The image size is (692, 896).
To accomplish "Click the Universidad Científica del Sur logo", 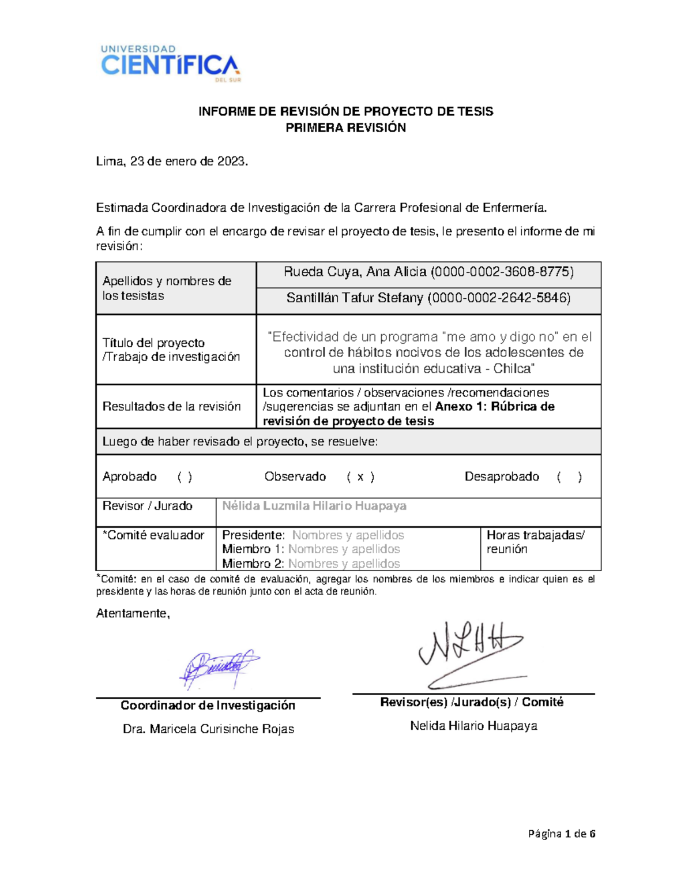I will click(x=170, y=63).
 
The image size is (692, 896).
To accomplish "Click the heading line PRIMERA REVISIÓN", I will click(x=345, y=128).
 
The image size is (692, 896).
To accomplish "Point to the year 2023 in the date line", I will click(x=232, y=162).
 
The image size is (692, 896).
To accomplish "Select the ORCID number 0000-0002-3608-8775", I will click(x=502, y=272).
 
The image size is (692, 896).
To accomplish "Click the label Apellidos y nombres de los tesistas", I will click(x=167, y=288).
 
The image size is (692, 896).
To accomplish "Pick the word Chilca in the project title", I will click(x=512, y=368).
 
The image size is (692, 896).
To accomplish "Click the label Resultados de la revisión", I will click(x=171, y=406).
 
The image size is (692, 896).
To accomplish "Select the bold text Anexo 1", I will click(x=460, y=406).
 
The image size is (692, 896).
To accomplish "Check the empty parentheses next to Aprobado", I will click(x=185, y=477).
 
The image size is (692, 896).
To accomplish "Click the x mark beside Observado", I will click(x=360, y=477).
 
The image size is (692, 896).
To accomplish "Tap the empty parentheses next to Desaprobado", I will click(x=569, y=477).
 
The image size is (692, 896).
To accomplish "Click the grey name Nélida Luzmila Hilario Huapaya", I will click(x=314, y=506).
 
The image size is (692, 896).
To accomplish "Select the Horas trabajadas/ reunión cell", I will click(x=536, y=542).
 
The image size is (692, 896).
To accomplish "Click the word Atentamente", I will click(x=133, y=613).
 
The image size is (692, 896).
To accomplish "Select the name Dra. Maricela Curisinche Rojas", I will click(x=208, y=729).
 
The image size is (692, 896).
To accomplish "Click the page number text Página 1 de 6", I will click(x=562, y=833).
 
